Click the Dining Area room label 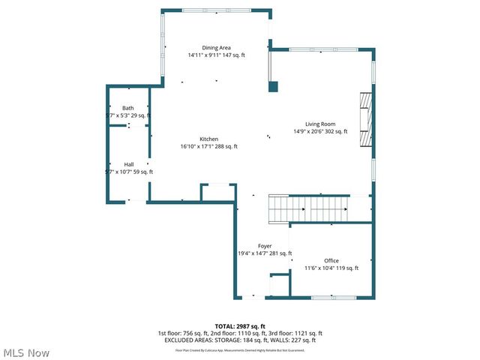[x=216, y=48]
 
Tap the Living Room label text [x=319, y=124]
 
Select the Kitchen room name [x=208, y=139]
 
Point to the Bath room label [x=128, y=108]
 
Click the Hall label [x=129, y=164]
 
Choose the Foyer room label [x=265, y=246]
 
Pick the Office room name [x=331, y=260]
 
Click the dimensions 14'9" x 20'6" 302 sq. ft [x=319, y=131]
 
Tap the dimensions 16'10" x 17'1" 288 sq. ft [x=208, y=146]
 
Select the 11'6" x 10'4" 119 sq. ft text [x=331, y=268]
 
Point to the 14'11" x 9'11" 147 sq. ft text [x=216, y=55]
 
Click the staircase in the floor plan [x=309, y=208]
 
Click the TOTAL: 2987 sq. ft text [x=240, y=326]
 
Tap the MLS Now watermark [x=27, y=352]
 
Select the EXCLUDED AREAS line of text [x=240, y=340]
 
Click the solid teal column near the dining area [x=273, y=86]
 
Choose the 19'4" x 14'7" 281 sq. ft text [x=265, y=253]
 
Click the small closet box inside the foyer [x=280, y=286]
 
